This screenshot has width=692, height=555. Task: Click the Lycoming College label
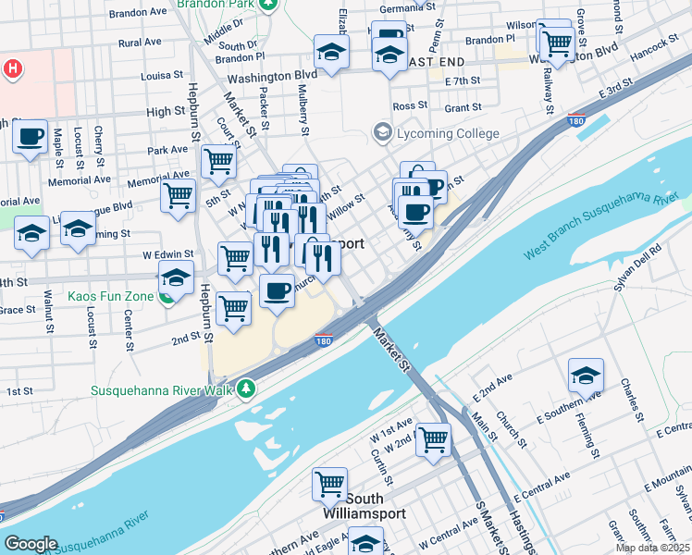[x=448, y=133]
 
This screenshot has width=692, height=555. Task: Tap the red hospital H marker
[x=11, y=68]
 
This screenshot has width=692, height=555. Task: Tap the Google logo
[x=31, y=544]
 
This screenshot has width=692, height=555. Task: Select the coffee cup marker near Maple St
[x=31, y=138]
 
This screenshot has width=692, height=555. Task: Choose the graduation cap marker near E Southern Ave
[x=586, y=376]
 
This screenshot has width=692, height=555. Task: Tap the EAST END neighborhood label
[x=433, y=61]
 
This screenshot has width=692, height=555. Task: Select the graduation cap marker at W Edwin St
[x=176, y=277]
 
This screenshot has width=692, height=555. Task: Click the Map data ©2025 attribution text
[x=652, y=548]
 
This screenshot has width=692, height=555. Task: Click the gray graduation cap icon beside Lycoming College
[x=381, y=133]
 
